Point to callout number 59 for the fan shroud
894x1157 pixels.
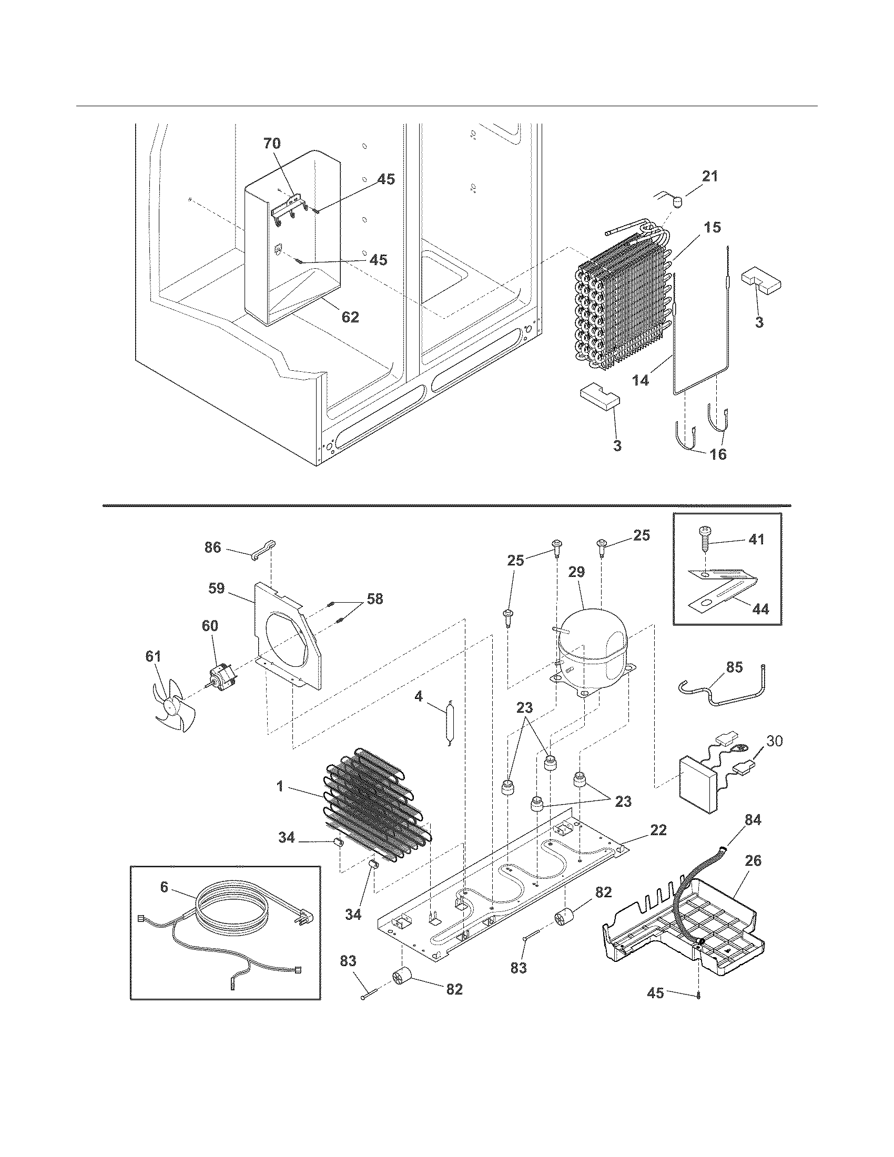pos(216,588)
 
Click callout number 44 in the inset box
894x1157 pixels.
pos(760,609)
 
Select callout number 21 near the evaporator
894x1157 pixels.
pos(710,176)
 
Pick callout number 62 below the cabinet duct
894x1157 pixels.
pos(350,317)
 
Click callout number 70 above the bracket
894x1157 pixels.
pos(272,143)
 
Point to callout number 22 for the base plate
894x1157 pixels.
pos(658,830)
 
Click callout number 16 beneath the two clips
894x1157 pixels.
pos(718,453)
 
